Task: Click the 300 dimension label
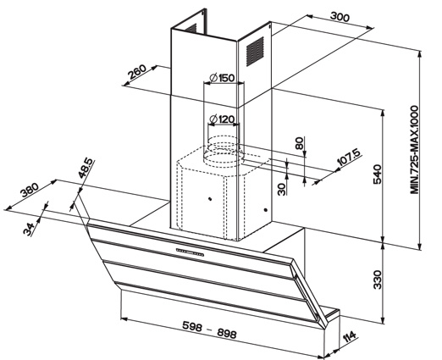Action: (x=340, y=17)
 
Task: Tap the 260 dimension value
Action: (x=137, y=72)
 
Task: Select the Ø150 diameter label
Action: (x=222, y=78)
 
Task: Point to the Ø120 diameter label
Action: (x=222, y=119)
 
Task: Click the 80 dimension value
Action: (x=300, y=143)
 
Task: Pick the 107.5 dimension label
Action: (x=349, y=158)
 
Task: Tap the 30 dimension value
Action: (x=282, y=189)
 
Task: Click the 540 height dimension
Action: (x=378, y=174)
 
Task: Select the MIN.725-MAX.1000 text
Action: (x=414, y=150)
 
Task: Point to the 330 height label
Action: (x=378, y=280)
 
